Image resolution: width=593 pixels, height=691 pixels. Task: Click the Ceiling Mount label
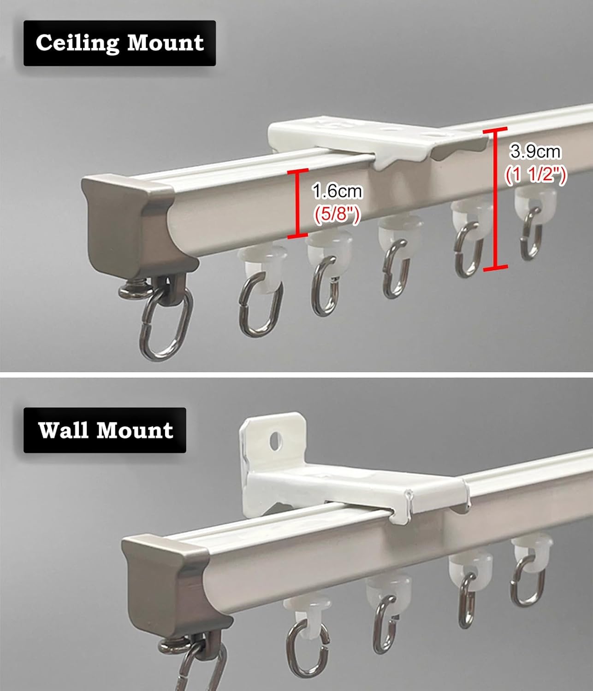(119, 43)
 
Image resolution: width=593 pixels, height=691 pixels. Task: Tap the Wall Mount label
(105, 430)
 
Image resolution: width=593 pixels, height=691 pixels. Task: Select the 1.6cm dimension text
(337, 191)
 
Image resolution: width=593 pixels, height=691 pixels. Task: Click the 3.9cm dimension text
(535, 151)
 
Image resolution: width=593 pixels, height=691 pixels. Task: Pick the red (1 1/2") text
(535, 175)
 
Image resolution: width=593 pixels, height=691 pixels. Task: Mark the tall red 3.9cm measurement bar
(496, 199)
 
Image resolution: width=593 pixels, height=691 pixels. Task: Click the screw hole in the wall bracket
(276, 441)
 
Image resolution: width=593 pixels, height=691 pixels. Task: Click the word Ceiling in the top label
(77, 43)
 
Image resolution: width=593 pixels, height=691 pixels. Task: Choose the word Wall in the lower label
(64, 430)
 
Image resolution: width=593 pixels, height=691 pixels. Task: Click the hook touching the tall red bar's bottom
(467, 251)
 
